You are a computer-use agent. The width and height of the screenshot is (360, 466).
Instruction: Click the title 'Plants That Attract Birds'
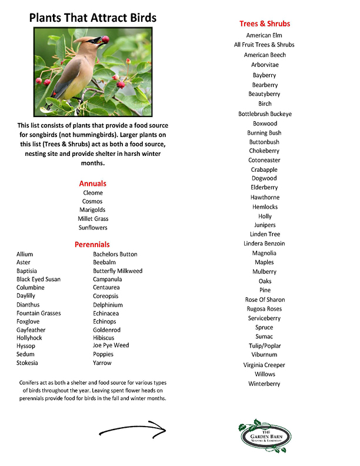point(93,18)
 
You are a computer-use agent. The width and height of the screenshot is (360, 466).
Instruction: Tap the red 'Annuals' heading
point(92,184)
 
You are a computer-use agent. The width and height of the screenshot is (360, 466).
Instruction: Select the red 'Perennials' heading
point(92,244)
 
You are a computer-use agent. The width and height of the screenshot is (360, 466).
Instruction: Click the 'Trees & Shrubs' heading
point(265,24)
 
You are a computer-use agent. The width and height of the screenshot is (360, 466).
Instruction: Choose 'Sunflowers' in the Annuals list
point(93,228)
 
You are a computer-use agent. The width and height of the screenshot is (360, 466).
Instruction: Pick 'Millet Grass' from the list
point(93,219)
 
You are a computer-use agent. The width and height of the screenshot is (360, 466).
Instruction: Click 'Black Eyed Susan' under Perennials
point(38,279)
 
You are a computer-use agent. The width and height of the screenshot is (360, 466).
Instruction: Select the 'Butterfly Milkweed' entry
point(118,271)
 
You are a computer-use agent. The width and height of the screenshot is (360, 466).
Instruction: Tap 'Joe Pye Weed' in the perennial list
point(111,346)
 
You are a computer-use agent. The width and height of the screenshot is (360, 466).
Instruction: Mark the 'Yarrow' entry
point(102,363)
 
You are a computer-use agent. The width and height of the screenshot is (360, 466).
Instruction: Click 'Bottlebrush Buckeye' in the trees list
point(265,114)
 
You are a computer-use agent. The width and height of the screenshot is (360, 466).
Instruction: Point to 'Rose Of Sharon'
point(265,300)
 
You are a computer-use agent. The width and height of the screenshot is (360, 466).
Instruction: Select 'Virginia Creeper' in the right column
point(264,365)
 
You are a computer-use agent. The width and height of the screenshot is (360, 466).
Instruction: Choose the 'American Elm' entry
point(264,36)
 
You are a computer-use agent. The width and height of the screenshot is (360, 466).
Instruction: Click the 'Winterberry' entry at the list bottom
point(264,384)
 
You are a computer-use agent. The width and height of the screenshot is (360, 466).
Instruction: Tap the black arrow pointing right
point(132,428)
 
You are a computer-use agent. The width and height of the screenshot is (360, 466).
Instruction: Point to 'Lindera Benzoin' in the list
point(264,244)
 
